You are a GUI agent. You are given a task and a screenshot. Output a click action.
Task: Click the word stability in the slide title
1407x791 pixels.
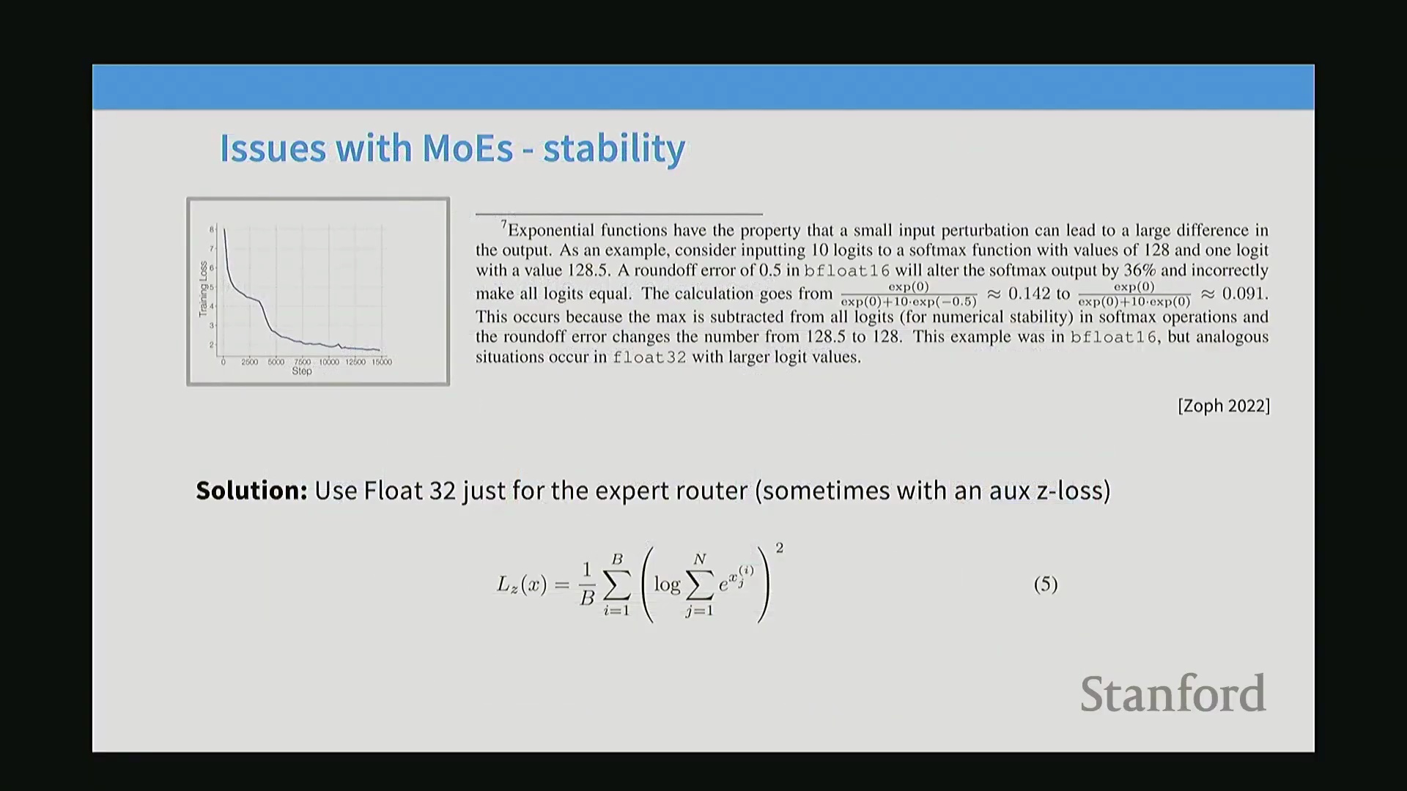tap(614, 149)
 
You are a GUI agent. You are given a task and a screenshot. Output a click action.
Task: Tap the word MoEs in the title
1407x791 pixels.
tap(468, 148)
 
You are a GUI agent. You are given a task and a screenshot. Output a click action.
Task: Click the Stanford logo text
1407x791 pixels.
tap(1173, 694)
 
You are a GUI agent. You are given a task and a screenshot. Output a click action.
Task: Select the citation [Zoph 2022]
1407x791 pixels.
tap(1224, 406)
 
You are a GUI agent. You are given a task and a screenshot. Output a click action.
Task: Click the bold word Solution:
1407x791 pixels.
tap(251, 490)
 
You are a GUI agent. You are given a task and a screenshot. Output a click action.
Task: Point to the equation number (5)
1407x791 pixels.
tap(1046, 584)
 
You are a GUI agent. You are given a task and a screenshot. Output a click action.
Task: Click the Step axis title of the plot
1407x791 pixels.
tap(302, 371)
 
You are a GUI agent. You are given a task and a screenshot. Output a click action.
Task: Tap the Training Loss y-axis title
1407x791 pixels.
tap(204, 289)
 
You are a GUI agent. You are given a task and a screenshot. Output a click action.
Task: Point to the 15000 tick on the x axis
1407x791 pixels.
tap(382, 362)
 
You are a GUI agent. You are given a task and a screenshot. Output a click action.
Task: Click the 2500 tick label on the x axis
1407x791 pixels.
tap(250, 362)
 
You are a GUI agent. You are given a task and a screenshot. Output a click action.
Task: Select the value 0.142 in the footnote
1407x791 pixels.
tap(1029, 294)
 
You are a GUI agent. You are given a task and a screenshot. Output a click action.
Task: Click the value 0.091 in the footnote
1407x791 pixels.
tap(1245, 294)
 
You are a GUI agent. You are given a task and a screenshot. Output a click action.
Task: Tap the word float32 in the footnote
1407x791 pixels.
tap(649, 357)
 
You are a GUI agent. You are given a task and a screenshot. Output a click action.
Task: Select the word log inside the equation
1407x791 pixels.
tap(667, 584)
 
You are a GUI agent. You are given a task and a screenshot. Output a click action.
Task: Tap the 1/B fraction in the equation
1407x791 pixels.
tap(587, 584)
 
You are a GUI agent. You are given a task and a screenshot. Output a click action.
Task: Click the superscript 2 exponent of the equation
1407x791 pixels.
tap(780, 548)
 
